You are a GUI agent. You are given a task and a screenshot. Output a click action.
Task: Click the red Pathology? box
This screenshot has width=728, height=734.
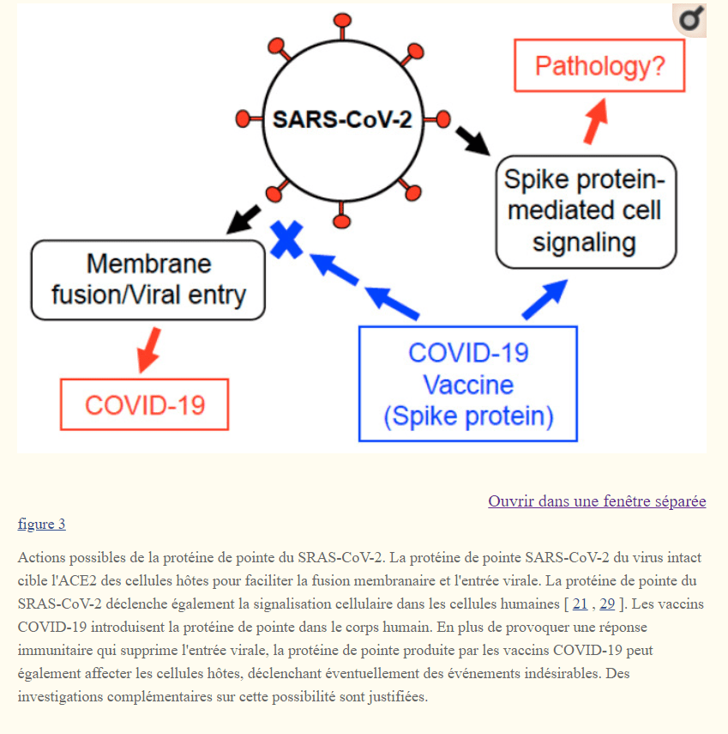tap(599, 65)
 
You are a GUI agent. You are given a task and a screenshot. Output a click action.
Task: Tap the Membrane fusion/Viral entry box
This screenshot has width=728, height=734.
tap(148, 279)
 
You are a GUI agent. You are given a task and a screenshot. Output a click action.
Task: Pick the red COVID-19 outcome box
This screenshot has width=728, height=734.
tap(145, 404)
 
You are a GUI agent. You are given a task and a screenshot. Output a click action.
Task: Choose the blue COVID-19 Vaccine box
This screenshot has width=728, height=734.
tap(468, 384)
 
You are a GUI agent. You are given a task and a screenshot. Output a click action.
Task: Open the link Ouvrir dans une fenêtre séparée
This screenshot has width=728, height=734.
tap(597, 501)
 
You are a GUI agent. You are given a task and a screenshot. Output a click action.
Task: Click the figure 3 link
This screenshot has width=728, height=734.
tap(41, 524)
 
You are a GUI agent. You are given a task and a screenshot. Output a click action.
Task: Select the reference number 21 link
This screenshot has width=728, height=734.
tap(581, 604)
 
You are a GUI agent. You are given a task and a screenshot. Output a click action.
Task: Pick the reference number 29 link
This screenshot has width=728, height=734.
tap(607, 604)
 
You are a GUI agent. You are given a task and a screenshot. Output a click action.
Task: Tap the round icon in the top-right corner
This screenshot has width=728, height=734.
tap(689, 21)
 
